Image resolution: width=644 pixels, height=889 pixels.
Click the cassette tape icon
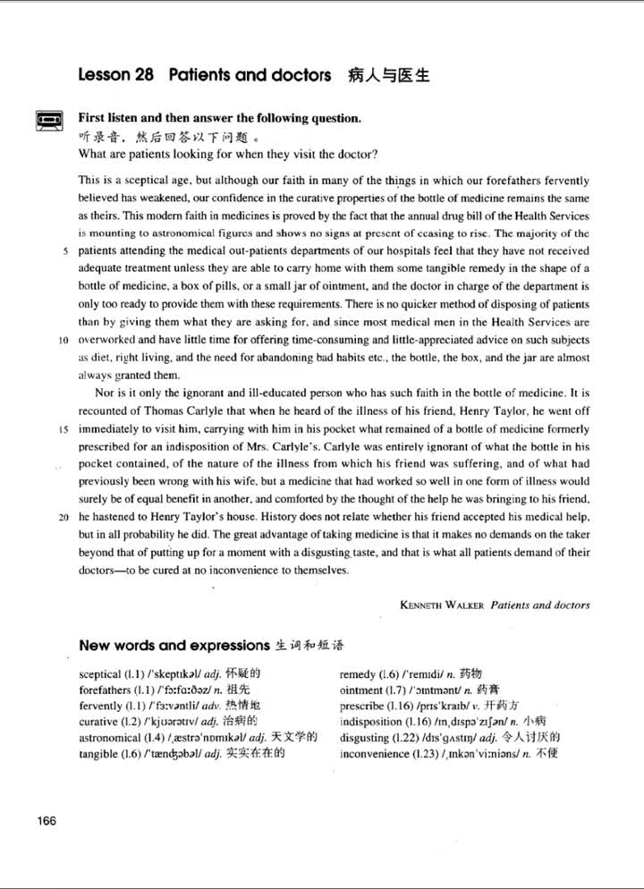pos(46,119)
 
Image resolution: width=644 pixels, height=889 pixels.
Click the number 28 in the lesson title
pos(144,76)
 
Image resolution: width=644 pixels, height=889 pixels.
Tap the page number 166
pos(47,823)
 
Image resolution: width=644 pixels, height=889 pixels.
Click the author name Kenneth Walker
pos(438,605)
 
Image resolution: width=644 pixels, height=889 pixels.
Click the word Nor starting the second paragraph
pos(104,394)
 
